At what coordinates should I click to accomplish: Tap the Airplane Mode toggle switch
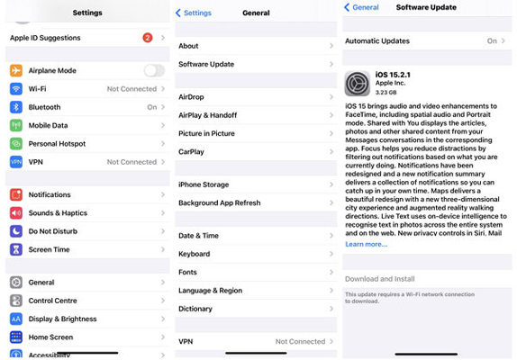point(154,70)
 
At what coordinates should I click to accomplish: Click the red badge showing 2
point(147,38)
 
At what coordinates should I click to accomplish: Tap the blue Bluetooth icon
point(16,107)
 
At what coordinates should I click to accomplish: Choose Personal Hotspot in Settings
point(57,143)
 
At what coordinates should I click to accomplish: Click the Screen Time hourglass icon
point(16,249)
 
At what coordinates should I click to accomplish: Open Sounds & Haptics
point(58,212)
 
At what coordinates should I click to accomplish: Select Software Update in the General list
point(206,64)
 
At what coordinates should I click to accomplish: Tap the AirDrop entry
point(191,96)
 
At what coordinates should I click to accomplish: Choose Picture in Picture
point(206,133)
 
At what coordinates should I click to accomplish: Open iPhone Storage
point(204,184)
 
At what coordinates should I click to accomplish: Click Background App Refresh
point(219,202)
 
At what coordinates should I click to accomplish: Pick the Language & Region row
point(210,291)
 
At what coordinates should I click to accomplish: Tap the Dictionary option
point(195,309)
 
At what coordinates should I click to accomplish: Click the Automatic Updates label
point(376,40)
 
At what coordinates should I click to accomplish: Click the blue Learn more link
point(366,244)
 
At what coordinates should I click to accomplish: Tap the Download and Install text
point(379,279)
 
